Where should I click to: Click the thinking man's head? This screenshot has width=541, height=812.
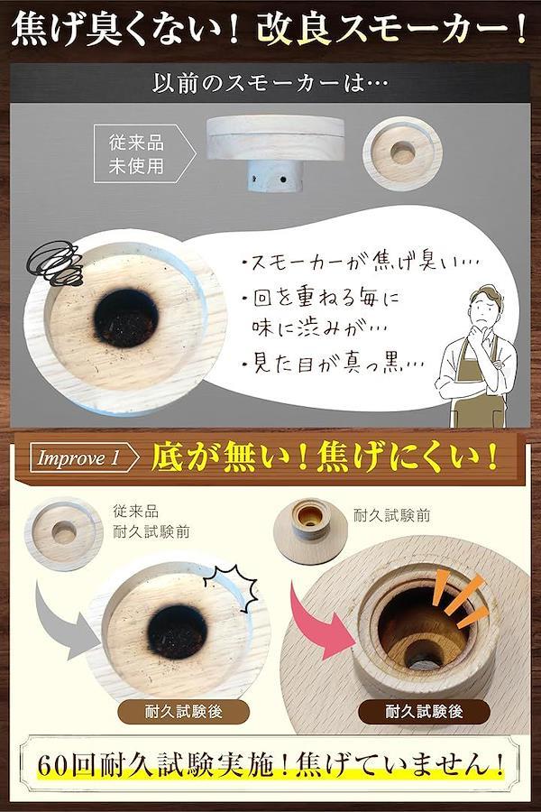coord(486,305)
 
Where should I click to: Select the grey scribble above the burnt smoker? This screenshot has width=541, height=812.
coord(55,264)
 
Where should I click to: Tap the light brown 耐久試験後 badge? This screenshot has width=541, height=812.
coord(183,712)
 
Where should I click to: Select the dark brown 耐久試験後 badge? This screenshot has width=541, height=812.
coord(424,712)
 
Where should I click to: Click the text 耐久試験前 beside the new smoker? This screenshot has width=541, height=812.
coord(392,515)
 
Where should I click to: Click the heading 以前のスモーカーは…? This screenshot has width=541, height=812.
coord(270,83)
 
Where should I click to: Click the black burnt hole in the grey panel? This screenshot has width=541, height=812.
coord(126,318)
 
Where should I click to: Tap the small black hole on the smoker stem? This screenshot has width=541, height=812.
coord(283,180)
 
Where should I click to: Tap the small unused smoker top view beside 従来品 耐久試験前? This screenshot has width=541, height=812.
coord(64,533)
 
